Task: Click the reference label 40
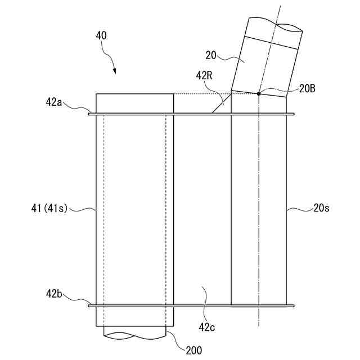(x=101, y=35)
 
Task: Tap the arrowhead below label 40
(x=115, y=72)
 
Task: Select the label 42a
(x=55, y=102)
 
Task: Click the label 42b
(x=55, y=294)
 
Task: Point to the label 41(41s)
(x=49, y=209)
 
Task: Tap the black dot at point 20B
(x=258, y=93)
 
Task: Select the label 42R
(x=204, y=74)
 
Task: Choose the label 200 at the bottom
(x=193, y=349)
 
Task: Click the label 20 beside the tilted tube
(x=211, y=55)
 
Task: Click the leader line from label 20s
(x=298, y=210)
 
